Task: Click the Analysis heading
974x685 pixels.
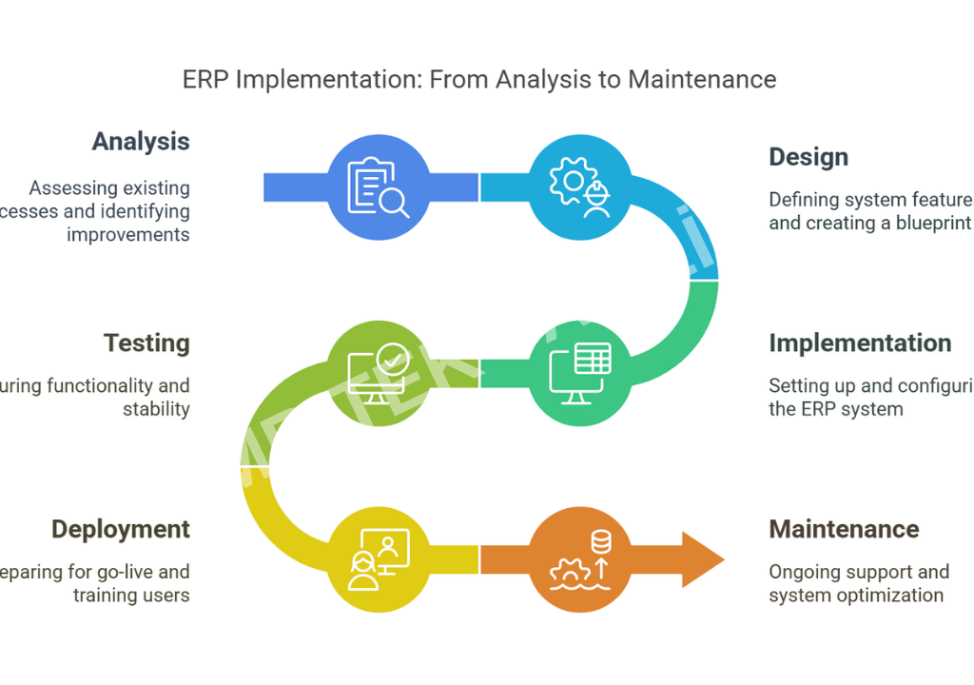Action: pyautogui.click(x=141, y=142)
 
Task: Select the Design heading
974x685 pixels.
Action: pyautogui.click(x=808, y=157)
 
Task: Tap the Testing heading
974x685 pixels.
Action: pyautogui.click(x=146, y=343)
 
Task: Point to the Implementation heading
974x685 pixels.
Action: pyautogui.click(x=860, y=343)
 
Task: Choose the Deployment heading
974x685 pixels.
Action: pyautogui.click(x=121, y=530)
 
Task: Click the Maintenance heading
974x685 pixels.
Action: pyautogui.click(x=844, y=530)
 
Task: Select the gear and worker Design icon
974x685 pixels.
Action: pyautogui.click(x=580, y=187)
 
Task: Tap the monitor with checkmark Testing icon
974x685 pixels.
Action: pyautogui.click(x=379, y=374)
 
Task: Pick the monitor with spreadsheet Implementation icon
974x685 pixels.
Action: pyautogui.click(x=580, y=374)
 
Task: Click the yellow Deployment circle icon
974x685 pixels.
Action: pyautogui.click(x=379, y=560)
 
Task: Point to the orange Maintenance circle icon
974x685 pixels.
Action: pyautogui.click(x=580, y=560)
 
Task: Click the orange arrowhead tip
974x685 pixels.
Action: pyautogui.click(x=718, y=560)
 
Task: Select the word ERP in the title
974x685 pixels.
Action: pyautogui.click(x=205, y=79)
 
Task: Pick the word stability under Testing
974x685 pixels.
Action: pyautogui.click(x=156, y=409)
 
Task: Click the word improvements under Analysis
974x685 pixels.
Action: pyautogui.click(x=127, y=234)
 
